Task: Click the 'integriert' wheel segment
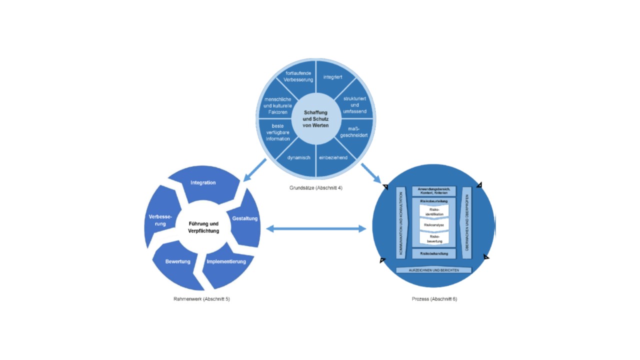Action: pyautogui.click(x=332, y=78)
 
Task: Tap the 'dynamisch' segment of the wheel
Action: pyautogui.click(x=299, y=157)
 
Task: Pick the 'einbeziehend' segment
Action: pyautogui.click(x=333, y=157)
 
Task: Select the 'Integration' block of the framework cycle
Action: pyautogui.click(x=203, y=183)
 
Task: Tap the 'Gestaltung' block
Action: pyautogui.click(x=245, y=218)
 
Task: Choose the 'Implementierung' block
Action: pyautogui.click(x=226, y=261)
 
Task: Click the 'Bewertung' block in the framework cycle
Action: pyautogui.click(x=178, y=261)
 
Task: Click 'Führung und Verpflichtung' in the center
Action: pyautogui.click(x=203, y=227)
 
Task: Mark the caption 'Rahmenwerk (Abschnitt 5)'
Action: pyautogui.click(x=201, y=299)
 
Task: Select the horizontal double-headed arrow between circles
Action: pyautogui.click(x=316, y=229)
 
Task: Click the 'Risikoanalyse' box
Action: pyautogui.click(x=433, y=225)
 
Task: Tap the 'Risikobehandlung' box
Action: pyautogui.click(x=433, y=253)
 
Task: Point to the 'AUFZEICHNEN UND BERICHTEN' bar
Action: pyautogui.click(x=433, y=270)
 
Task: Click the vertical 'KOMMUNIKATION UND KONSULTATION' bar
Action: pyautogui.click(x=400, y=223)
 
